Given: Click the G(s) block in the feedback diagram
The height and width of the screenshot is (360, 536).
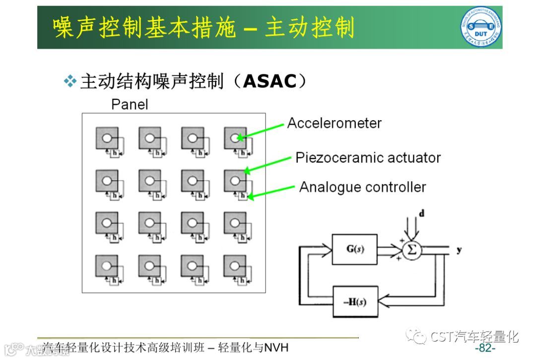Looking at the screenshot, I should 354,249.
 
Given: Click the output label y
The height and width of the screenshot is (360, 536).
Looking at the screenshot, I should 459,249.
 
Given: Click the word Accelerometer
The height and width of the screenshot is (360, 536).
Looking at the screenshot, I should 335,123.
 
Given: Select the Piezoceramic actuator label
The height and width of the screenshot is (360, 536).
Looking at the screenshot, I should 368,158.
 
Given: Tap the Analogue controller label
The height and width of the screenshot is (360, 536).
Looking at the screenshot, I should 362,187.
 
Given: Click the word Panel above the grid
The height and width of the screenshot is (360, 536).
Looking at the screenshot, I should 130,105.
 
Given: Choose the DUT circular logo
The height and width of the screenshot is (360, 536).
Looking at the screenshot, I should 480,27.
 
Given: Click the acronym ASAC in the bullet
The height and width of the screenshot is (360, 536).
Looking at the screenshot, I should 269,81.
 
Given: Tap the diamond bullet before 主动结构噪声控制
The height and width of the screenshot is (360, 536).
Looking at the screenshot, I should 71,81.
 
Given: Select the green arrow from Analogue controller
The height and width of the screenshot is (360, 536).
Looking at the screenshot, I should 271,192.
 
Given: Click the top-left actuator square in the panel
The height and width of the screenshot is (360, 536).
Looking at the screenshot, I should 107,138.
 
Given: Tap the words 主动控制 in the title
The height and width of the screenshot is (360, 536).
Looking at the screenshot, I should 310,28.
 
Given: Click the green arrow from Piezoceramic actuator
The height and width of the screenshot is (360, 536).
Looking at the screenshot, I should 268,164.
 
